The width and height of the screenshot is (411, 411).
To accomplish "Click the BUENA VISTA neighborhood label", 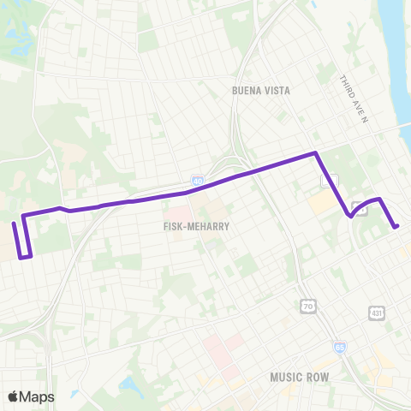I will (261, 90).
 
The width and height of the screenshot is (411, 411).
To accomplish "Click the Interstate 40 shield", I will (198, 182).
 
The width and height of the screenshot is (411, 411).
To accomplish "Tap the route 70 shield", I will (308, 306).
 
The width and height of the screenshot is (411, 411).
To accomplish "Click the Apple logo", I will (14, 396).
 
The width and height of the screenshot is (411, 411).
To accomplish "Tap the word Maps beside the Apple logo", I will (38, 396).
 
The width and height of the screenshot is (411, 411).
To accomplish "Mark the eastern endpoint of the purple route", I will (396, 227).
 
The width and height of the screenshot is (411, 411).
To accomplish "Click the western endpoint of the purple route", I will (14, 223).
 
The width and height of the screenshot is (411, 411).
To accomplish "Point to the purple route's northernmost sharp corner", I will (316, 153).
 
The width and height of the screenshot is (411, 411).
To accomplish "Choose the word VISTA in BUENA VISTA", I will (276, 90).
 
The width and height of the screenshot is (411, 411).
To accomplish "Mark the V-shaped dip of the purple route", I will (351, 217).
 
